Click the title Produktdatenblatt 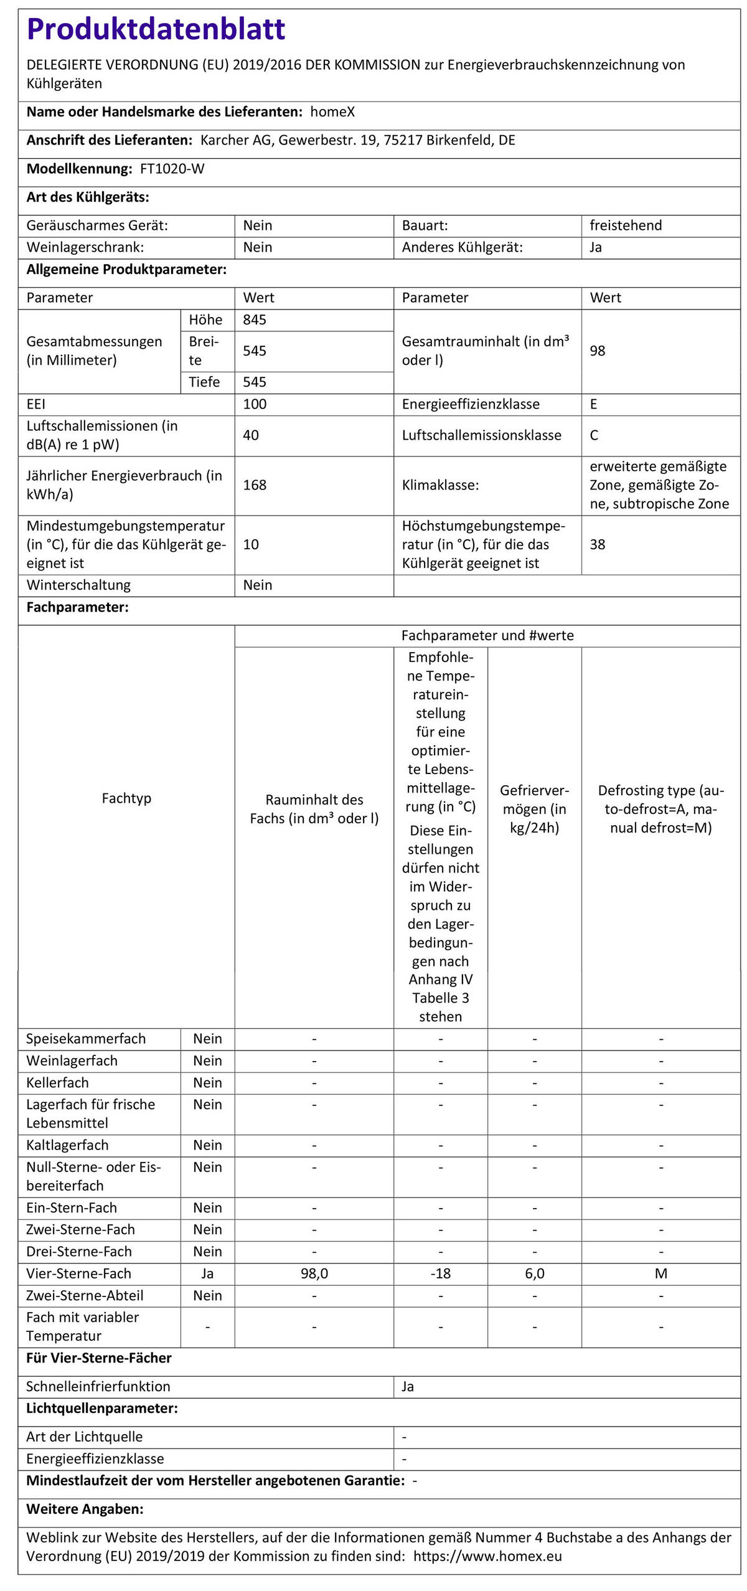(x=156, y=29)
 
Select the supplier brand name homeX (x=332, y=112)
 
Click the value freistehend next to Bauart (x=626, y=225)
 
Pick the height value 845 (x=255, y=319)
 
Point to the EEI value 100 (x=255, y=404)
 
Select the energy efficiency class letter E (x=594, y=404)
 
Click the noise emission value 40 (x=251, y=435)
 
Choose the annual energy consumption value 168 (x=255, y=484)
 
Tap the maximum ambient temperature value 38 (x=598, y=544)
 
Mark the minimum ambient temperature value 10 (x=251, y=544)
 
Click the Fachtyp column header (x=126, y=798)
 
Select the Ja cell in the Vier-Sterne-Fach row (x=207, y=1273)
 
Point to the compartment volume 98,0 (x=314, y=1273)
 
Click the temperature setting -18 (x=440, y=1273)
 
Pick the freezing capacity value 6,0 (x=534, y=1273)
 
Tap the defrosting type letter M (x=660, y=1273)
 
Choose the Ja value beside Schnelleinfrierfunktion (x=408, y=1386)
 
